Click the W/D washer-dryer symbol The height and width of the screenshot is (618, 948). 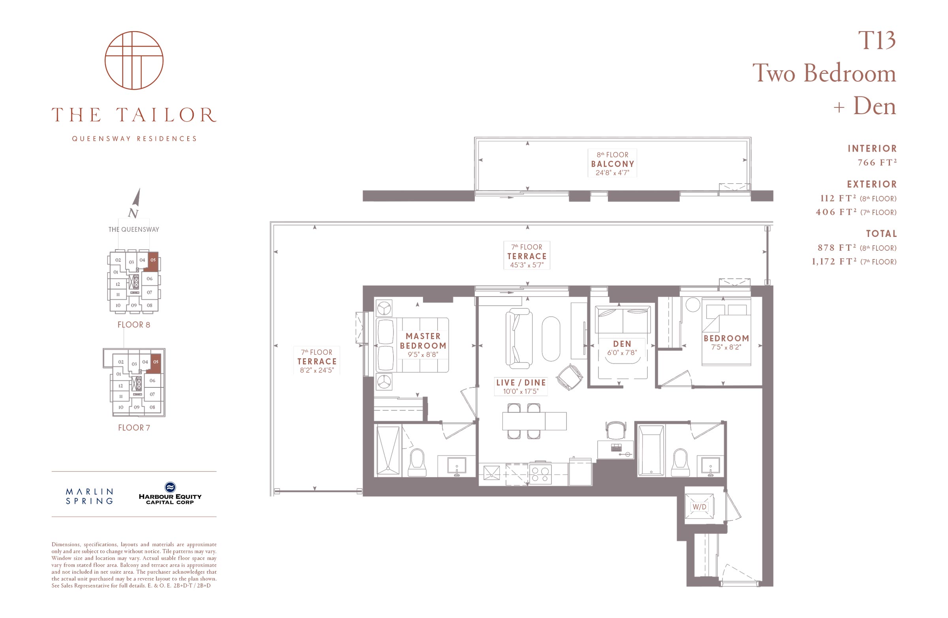[x=699, y=507]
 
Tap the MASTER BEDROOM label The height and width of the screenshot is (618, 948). [x=423, y=341]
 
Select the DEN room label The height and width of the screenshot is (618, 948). [x=622, y=344]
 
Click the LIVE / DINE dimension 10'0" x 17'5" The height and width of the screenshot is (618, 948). [x=521, y=391]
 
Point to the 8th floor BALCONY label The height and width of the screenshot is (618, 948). [x=612, y=163]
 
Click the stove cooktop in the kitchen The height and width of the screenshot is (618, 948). [x=540, y=474]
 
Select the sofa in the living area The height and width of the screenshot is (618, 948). [x=518, y=338]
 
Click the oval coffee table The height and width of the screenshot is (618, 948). [x=551, y=339]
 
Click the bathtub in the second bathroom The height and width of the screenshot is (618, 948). [x=651, y=450]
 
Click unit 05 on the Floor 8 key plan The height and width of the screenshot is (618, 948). [x=153, y=260]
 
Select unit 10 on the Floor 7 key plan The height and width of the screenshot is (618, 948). [x=121, y=408]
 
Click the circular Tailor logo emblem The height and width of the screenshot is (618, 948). [x=134, y=60]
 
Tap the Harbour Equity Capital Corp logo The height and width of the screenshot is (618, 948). [x=170, y=493]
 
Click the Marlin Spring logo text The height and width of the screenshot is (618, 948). [x=89, y=496]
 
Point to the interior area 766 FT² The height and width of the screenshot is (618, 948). [x=876, y=162]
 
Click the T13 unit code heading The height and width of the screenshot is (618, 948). [x=876, y=41]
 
